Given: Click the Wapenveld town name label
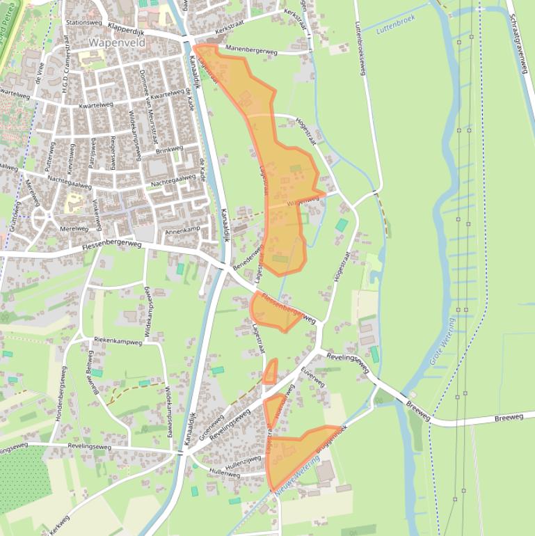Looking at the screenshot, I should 115,41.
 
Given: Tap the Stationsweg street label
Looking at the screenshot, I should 83,22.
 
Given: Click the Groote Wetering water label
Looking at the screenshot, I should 441,341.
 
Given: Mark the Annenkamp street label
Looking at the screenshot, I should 182,230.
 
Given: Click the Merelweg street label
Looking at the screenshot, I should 74,228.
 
